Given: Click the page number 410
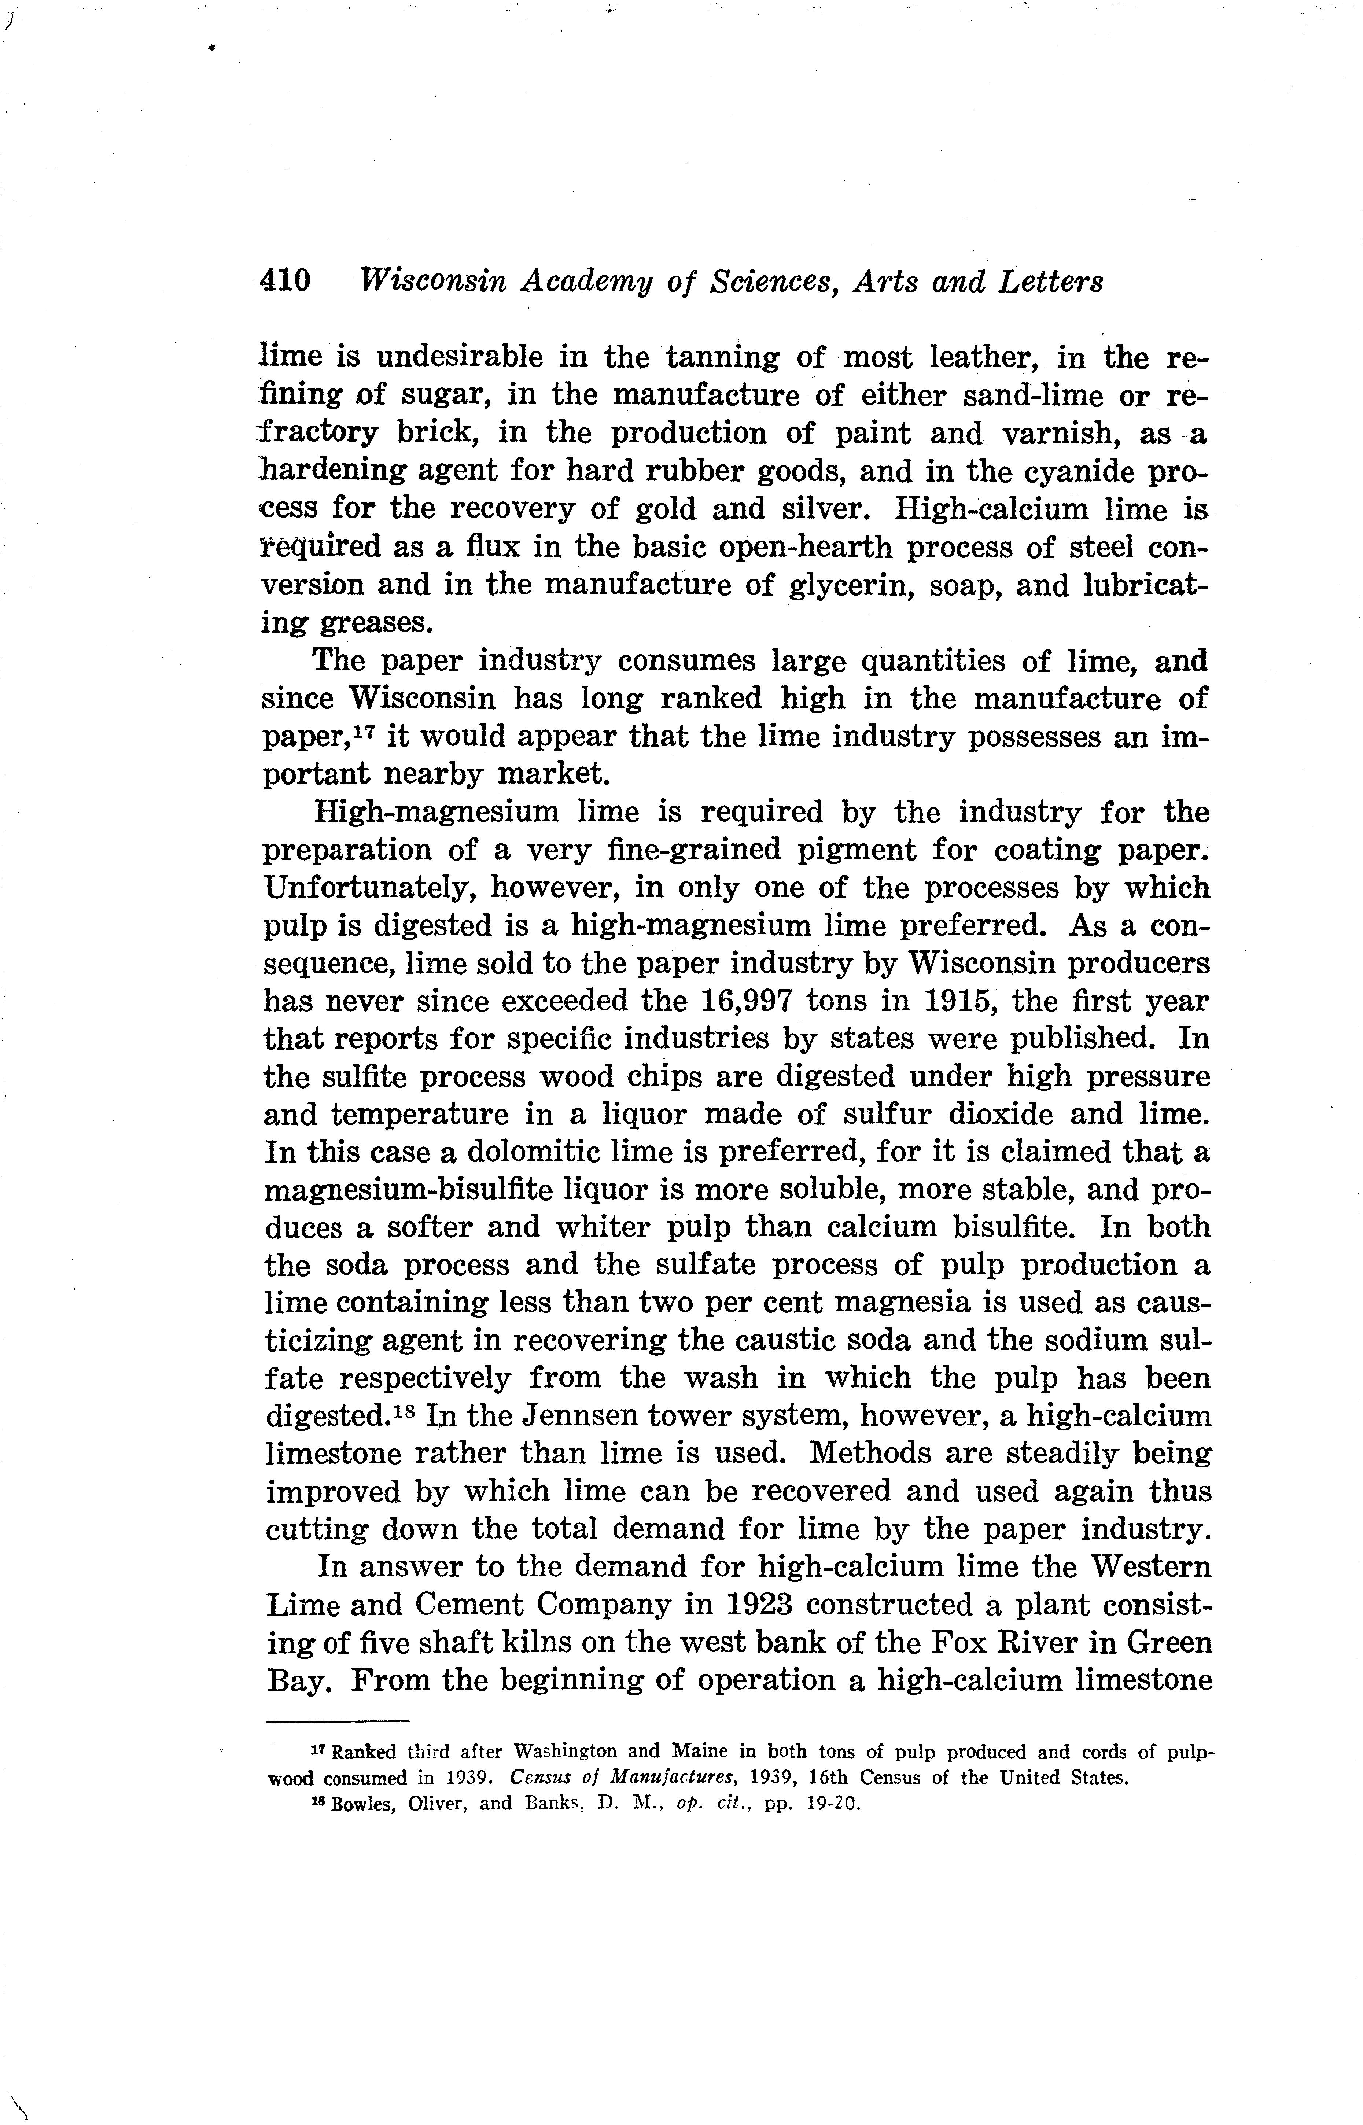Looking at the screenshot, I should point(285,281).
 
